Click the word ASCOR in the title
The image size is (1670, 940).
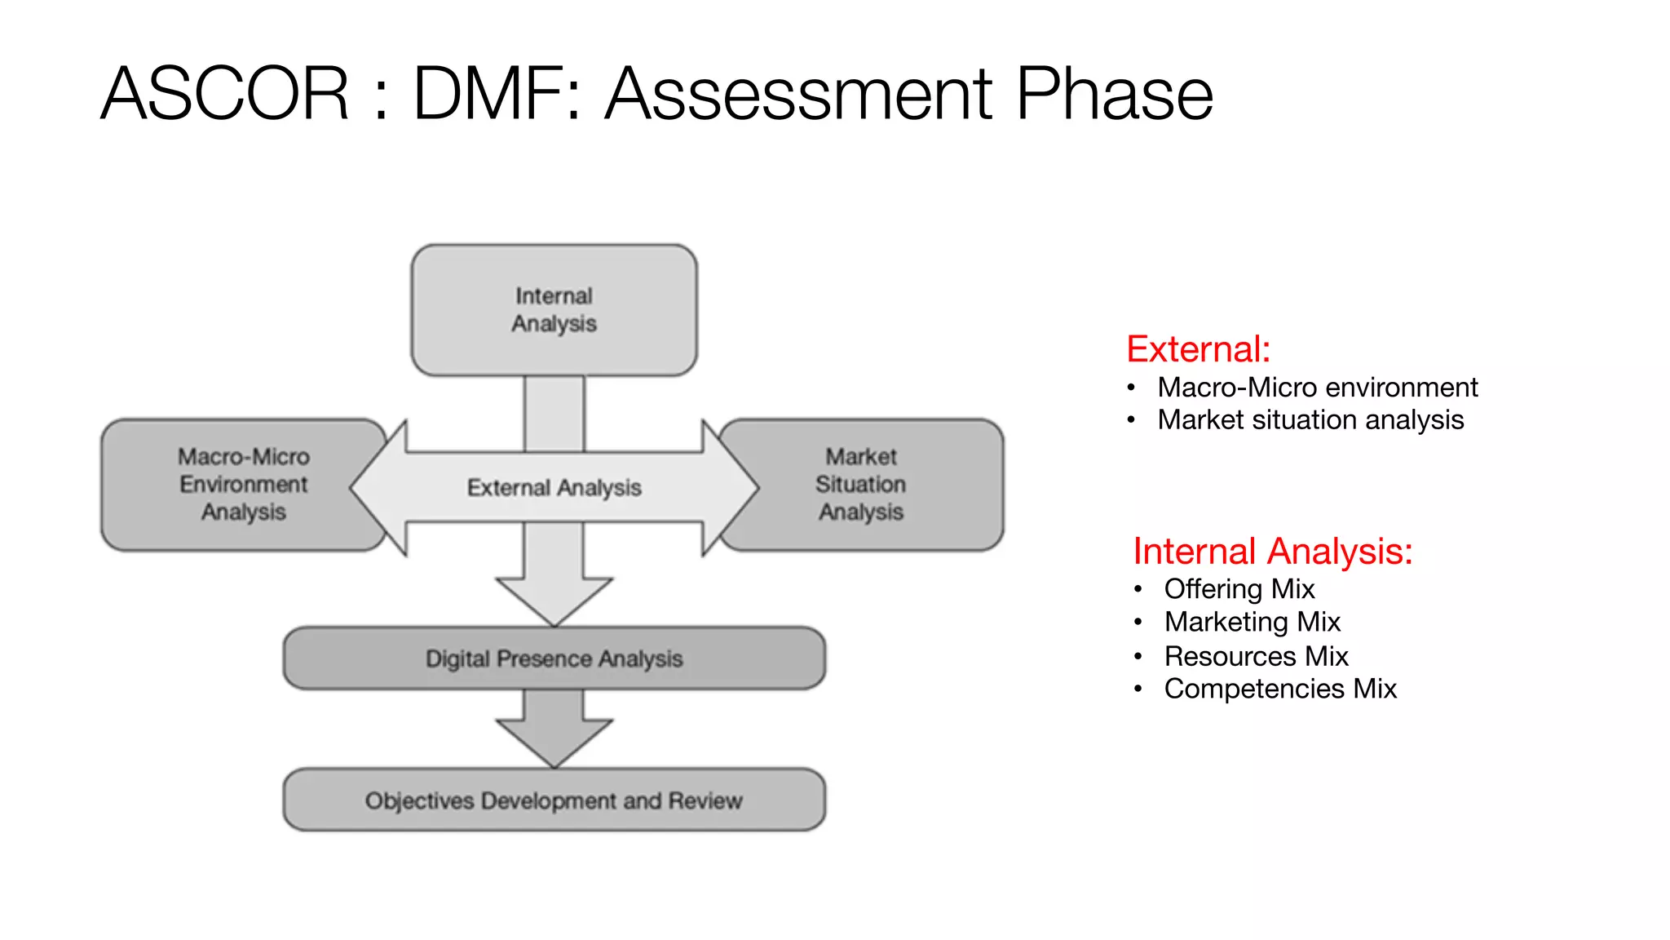pyautogui.click(x=224, y=94)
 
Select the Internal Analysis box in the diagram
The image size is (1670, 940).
pyautogui.click(x=554, y=310)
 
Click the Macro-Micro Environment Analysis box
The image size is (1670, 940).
pyautogui.click(x=243, y=485)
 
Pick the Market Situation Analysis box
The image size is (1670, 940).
pyautogui.click(x=861, y=485)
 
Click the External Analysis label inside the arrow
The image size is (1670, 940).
pyautogui.click(x=554, y=488)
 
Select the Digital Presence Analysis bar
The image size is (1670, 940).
pyautogui.click(x=554, y=658)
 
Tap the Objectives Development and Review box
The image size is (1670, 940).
pyautogui.click(x=554, y=800)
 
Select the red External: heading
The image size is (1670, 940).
pyautogui.click(x=1198, y=349)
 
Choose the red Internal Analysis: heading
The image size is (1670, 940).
pyautogui.click(x=1272, y=552)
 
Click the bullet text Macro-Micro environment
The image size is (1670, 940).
pyautogui.click(x=1317, y=387)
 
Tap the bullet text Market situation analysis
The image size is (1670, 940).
pyautogui.click(x=1310, y=419)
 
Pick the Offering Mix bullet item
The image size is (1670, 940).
pyautogui.click(x=1239, y=589)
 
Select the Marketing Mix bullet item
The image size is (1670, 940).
pyautogui.click(x=1252, y=622)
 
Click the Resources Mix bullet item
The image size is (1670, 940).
pyautogui.click(x=1256, y=656)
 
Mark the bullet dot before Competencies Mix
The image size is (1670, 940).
pyautogui.click(x=1138, y=689)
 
